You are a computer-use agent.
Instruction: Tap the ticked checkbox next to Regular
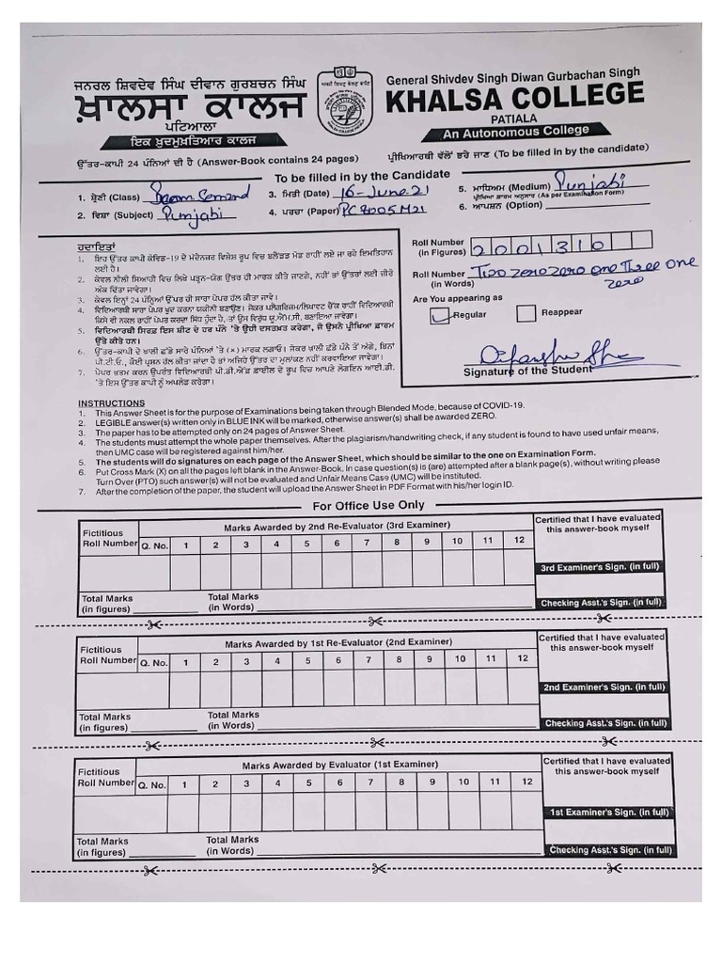[440, 316]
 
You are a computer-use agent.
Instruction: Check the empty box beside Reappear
[526, 313]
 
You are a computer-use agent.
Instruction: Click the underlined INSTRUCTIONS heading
[111, 403]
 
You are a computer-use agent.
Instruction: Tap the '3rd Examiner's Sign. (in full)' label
[600, 568]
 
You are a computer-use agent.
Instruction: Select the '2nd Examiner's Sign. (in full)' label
[602, 687]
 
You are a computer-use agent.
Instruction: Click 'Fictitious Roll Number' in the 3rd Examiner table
[109, 538]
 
